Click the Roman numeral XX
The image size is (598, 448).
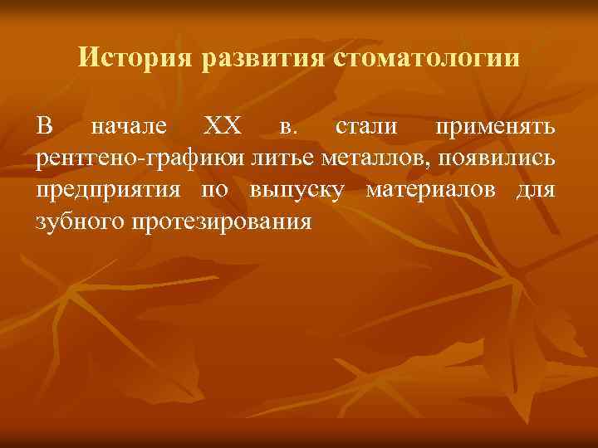click(222, 129)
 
